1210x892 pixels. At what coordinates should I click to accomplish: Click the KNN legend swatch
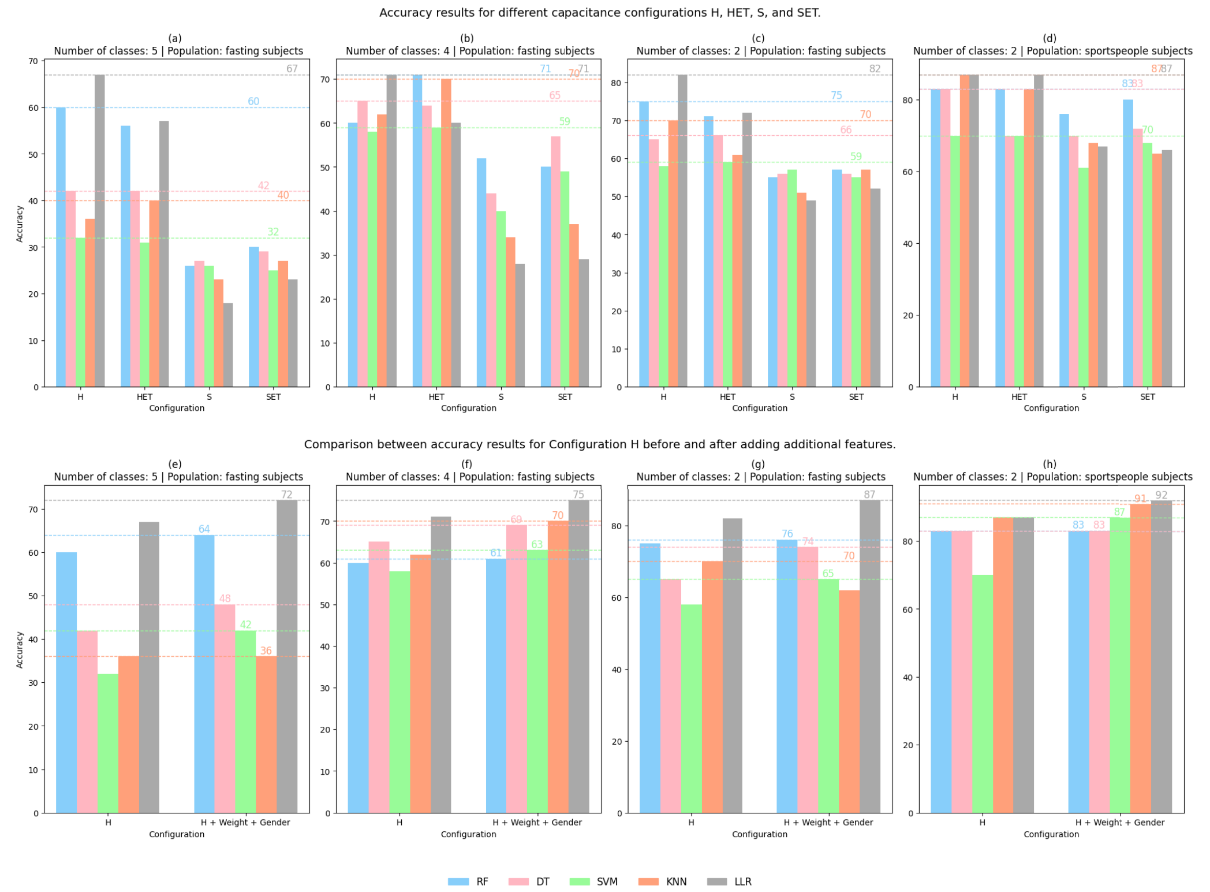point(648,882)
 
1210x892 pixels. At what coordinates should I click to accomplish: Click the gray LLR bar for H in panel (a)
point(99,231)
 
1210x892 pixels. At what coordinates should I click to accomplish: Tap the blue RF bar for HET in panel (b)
point(417,231)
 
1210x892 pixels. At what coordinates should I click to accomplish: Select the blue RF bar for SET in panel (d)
point(1127,243)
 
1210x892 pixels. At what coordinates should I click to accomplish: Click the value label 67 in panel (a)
point(292,69)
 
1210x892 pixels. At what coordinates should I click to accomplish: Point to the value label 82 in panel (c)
point(875,69)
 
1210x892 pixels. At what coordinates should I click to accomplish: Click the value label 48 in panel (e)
point(225,599)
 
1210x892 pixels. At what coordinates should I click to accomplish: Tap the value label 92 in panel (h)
point(1161,495)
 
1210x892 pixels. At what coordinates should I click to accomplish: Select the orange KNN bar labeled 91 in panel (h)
point(1140,659)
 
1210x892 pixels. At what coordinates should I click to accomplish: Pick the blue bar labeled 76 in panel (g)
point(786,676)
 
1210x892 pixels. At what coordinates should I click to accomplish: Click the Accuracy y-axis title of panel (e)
point(20,649)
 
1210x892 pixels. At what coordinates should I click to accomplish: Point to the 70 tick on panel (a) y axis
point(33,61)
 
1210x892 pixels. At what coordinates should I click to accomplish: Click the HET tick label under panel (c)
point(727,397)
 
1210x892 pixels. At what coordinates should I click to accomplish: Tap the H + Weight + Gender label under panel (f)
point(537,822)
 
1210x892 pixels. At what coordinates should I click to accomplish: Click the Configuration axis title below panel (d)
point(1051,408)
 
